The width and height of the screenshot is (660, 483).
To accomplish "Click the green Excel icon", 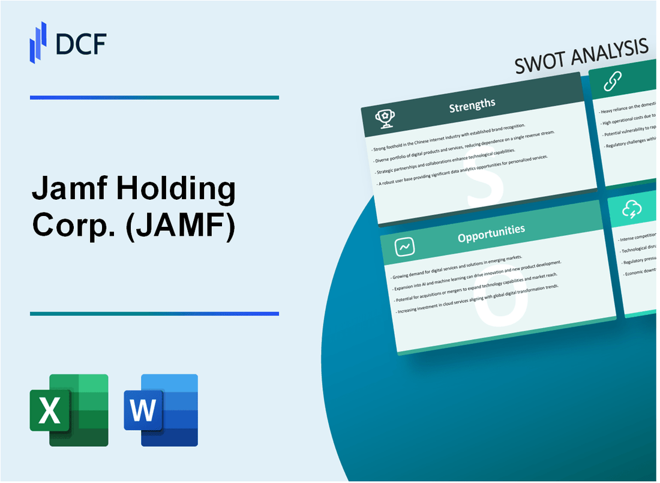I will coord(69,410).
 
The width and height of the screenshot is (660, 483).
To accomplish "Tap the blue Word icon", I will coord(161,410).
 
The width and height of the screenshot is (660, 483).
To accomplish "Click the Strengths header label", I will coord(473,104).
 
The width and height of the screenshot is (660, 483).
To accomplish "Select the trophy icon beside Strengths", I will coord(385,119).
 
